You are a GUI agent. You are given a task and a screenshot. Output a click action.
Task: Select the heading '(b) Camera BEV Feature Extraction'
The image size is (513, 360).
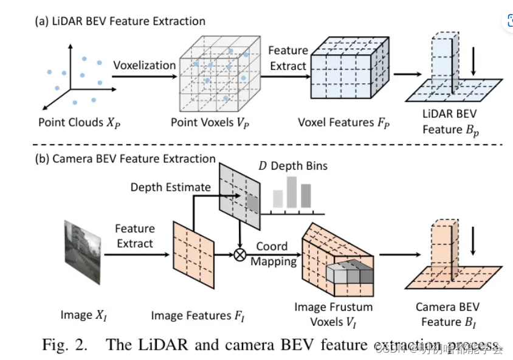pos(125,159)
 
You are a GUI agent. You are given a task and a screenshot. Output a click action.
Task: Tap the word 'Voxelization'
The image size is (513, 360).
pos(144,65)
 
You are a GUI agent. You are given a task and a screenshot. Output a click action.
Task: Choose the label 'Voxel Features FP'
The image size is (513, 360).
pos(343,122)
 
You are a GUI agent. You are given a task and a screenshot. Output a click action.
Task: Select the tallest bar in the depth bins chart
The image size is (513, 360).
pos(291,192)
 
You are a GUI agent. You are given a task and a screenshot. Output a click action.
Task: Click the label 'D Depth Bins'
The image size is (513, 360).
pos(292,166)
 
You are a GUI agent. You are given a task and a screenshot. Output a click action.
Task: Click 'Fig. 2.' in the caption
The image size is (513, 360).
pos(66,344)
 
